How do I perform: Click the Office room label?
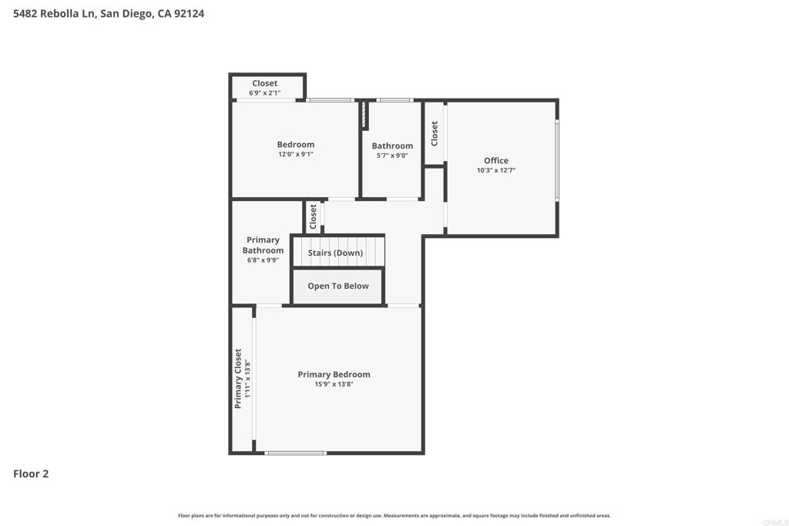(496, 160)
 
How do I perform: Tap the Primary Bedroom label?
(334, 374)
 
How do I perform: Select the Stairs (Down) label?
(335, 253)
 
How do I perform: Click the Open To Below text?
(338, 286)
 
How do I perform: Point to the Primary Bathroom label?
(263, 245)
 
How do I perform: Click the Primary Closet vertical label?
(238, 378)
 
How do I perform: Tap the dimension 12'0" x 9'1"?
(295, 154)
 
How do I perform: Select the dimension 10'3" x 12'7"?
(496, 170)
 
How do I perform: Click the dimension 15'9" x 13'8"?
(334, 384)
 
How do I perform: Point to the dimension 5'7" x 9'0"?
(392, 156)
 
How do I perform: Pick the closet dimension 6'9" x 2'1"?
(265, 93)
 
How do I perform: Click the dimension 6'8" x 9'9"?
(263, 260)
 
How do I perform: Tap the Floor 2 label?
(31, 474)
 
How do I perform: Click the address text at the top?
(109, 14)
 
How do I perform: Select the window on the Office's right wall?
(557, 160)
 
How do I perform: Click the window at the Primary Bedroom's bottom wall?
(295, 453)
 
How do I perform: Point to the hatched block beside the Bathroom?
(364, 116)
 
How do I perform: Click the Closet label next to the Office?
(435, 133)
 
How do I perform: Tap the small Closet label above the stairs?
(313, 216)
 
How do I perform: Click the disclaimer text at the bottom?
(394, 515)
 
